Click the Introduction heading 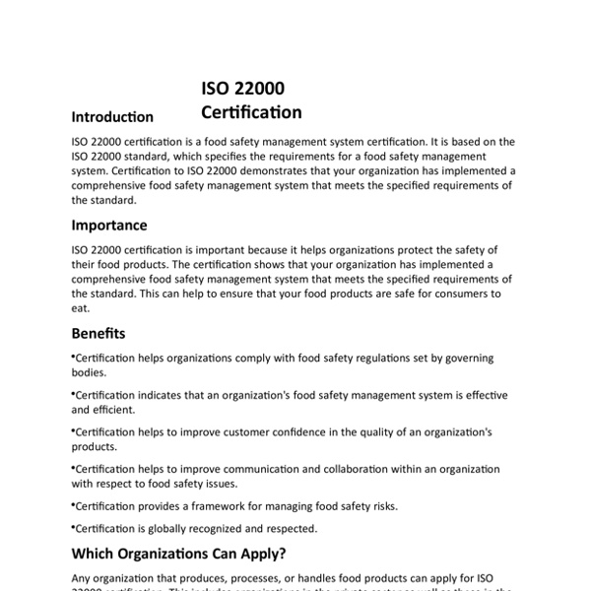coord(112,117)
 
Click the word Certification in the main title coord(251,112)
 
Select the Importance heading coord(109,226)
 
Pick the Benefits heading coord(98,333)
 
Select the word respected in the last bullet coord(291,528)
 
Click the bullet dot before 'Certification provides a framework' coord(74,503)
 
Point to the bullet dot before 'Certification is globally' coord(74,526)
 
